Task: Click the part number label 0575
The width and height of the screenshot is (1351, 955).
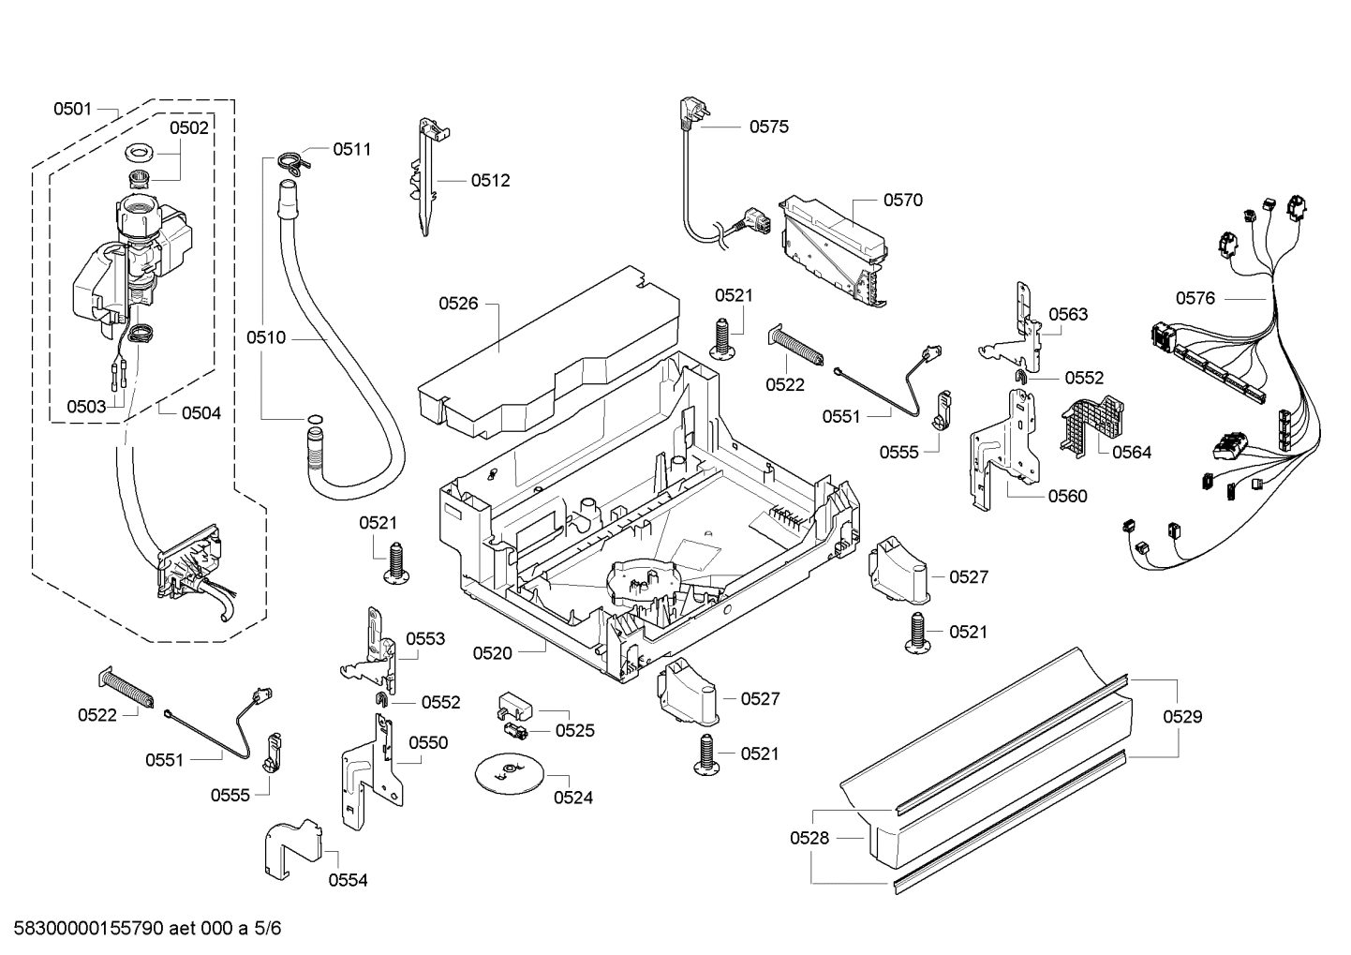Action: click(768, 127)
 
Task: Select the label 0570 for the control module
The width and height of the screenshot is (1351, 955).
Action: click(902, 200)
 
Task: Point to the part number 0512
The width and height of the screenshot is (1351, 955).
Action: click(490, 181)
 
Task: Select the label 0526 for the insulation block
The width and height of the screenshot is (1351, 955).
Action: click(458, 303)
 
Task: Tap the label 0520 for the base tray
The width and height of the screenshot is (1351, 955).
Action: click(492, 653)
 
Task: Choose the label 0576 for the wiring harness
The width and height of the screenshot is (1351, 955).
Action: click(1195, 298)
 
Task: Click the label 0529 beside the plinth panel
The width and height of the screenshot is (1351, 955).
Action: click(1182, 717)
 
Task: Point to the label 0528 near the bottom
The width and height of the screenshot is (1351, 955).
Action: click(809, 838)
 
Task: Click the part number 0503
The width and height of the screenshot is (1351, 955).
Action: click(86, 406)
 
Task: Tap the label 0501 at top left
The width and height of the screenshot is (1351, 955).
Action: click(72, 109)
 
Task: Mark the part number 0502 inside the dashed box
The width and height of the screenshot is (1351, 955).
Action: click(188, 128)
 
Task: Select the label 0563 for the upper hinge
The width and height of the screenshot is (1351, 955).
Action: click(1068, 314)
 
